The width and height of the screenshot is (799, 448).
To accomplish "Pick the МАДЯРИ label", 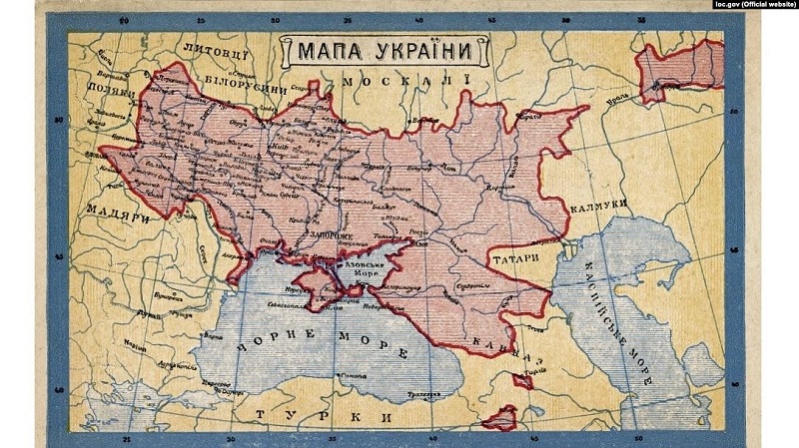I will click(119, 212).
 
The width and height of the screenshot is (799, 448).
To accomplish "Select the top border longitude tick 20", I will click(123, 22).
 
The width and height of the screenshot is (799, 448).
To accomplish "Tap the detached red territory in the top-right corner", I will click(679, 70).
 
